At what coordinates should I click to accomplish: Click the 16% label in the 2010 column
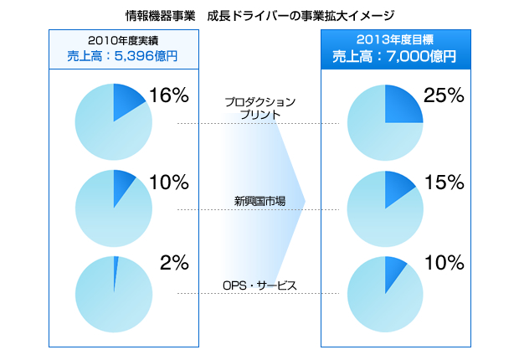[169, 95]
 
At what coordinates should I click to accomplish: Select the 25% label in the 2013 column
[444, 95]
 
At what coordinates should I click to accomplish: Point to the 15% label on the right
[444, 182]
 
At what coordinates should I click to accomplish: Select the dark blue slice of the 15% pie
[397, 190]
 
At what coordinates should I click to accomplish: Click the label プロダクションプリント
[259, 108]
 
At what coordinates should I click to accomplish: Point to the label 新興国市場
[259, 201]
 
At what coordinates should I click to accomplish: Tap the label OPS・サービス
[259, 285]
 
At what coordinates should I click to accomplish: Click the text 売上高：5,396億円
[122, 57]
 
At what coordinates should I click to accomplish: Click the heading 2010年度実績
[123, 41]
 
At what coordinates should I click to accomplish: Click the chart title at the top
[259, 15]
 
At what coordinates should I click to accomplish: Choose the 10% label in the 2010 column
[169, 182]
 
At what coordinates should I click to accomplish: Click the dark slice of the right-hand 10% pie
[394, 273]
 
